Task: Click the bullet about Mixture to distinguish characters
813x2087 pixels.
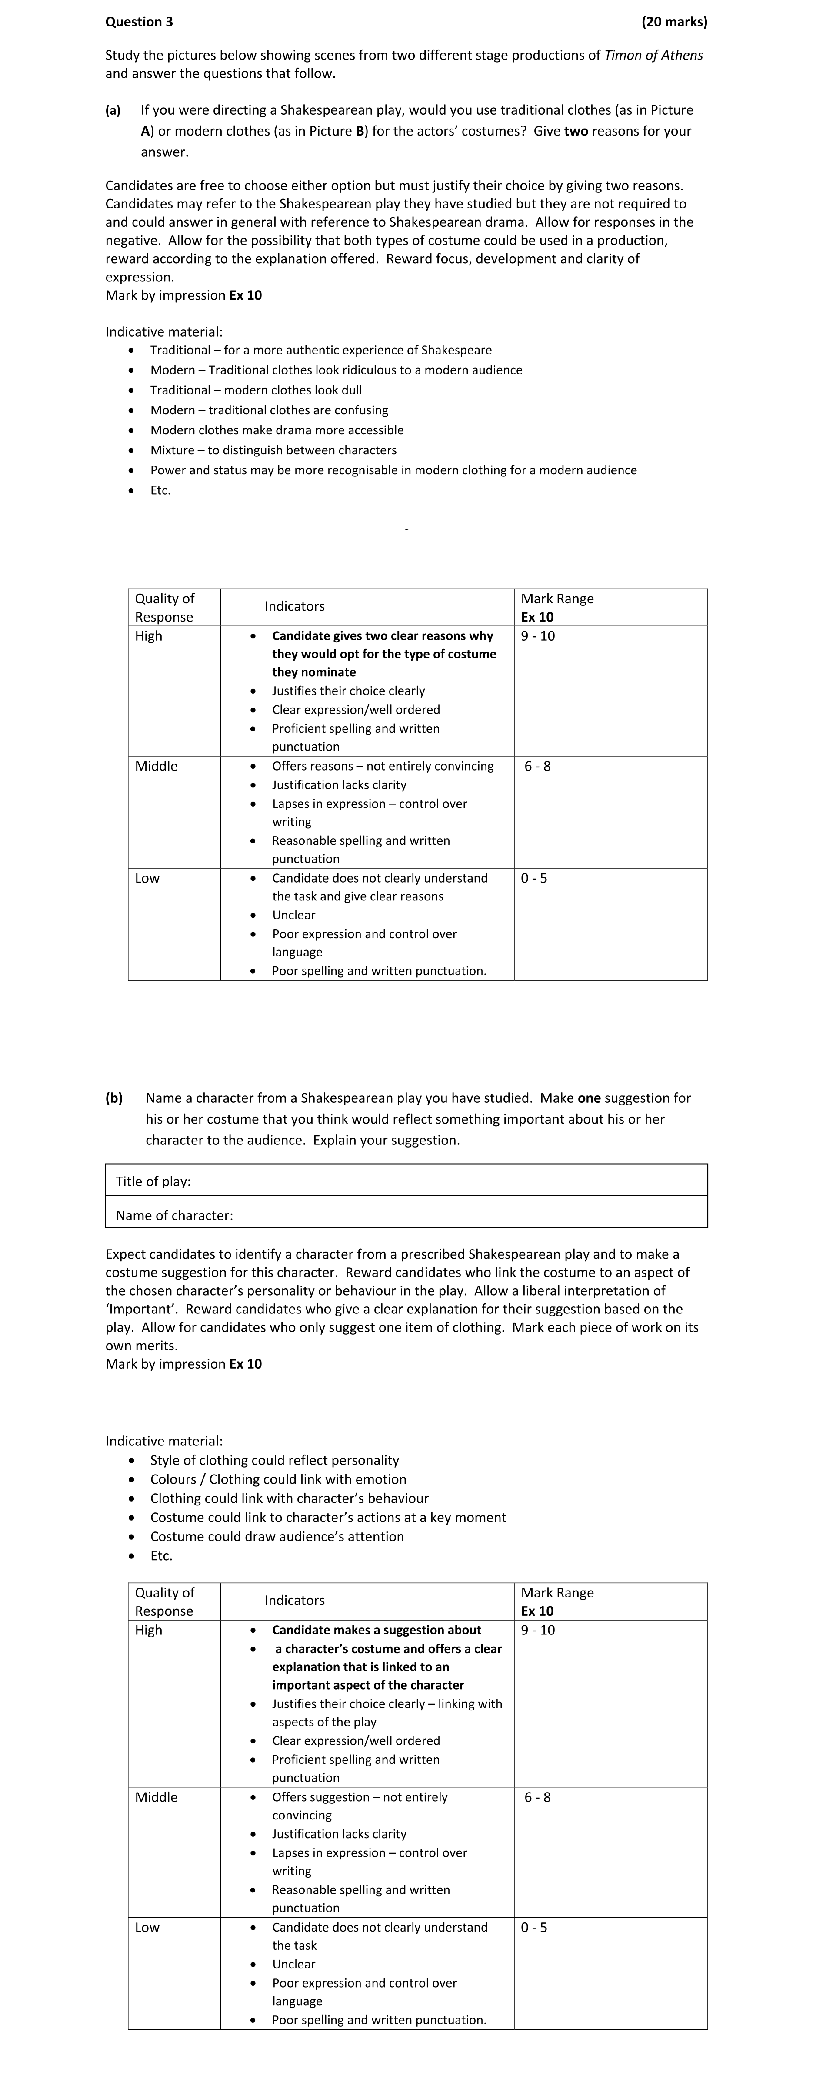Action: [x=273, y=450]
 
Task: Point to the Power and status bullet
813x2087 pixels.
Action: [x=393, y=470]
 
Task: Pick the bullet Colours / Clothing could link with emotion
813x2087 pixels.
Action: [x=278, y=1478]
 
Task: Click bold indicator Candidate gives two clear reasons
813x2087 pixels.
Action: [x=383, y=636]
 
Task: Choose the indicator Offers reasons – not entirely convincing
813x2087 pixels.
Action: [x=383, y=766]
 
